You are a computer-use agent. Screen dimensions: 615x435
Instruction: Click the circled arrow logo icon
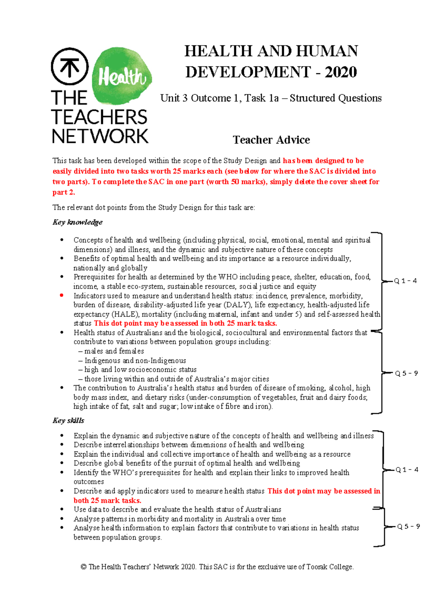pyautogui.click(x=70, y=66)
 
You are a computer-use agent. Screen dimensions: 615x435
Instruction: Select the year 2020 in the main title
pyautogui.click(x=341, y=72)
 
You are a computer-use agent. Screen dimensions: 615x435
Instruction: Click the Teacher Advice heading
pyautogui.click(x=271, y=140)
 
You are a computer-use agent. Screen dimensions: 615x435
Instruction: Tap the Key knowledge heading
pyautogui.click(x=78, y=222)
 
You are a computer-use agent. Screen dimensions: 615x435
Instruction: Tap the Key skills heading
pyautogui.click(x=68, y=420)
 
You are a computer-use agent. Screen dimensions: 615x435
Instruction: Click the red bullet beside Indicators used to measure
pyautogui.click(x=62, y=296)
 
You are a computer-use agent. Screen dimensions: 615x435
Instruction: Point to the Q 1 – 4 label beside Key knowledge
pyautogui.click(x=405, y=281)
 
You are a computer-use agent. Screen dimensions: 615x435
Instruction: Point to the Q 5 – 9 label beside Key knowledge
pyautogui.click(x=406, y=373)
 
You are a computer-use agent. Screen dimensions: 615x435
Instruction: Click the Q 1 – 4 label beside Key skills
pyautogui.click(x=407, y=470)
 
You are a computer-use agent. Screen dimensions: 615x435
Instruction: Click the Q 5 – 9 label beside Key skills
pyautogui.click(x=409, y=526)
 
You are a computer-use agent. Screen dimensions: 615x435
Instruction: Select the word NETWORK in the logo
pyautogui.click(x=100, y=136)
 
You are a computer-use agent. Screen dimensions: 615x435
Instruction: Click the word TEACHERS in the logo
pyautogui.click(x=99, y=117)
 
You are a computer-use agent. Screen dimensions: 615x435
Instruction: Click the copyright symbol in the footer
pyautogui.click(x=83, y=567)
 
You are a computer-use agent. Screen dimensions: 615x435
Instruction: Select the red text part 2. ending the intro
pyautogui.click(x=63, y=192)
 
